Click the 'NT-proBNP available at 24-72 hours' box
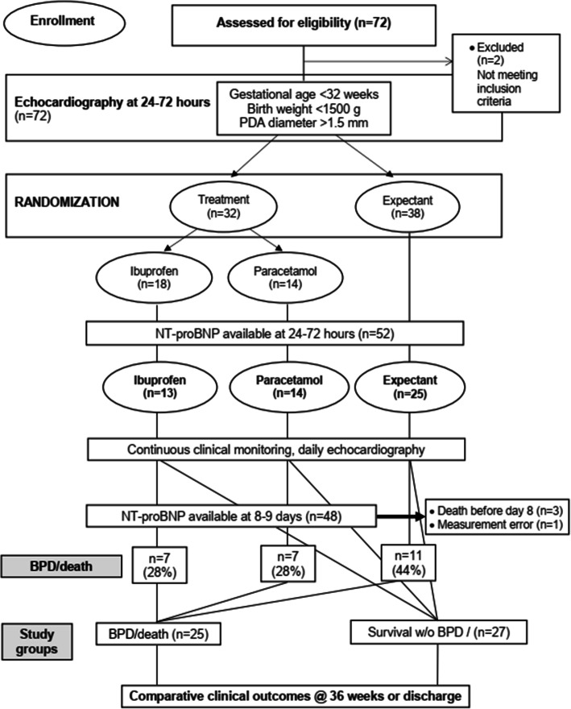pos(275,334)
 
